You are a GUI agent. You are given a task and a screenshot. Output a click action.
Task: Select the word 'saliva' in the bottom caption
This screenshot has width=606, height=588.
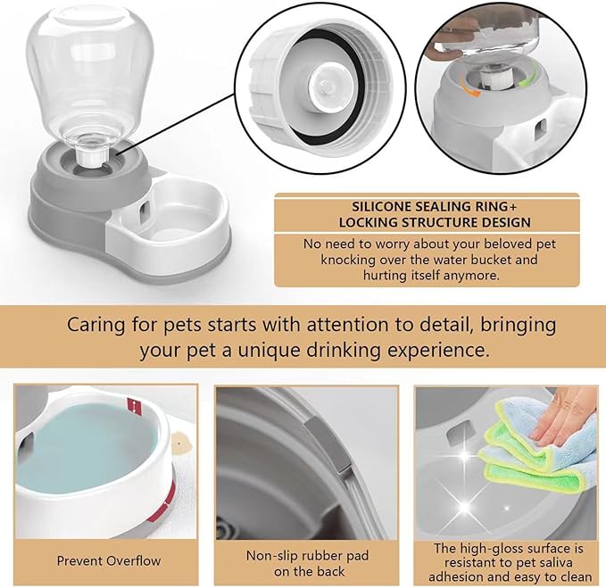(541, 563)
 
